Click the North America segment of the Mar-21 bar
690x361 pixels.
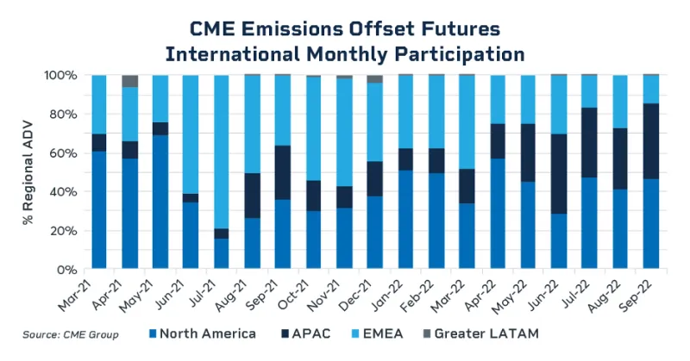(x=99, y=210)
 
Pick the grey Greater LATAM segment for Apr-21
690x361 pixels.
(x=129, y=81)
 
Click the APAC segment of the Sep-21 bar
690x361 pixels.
(x=282, y=172)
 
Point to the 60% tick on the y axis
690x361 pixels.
(x=70, y=152)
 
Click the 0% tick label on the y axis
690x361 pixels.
(x=72, y=269)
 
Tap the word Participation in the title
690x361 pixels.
(x=452, y=53)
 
